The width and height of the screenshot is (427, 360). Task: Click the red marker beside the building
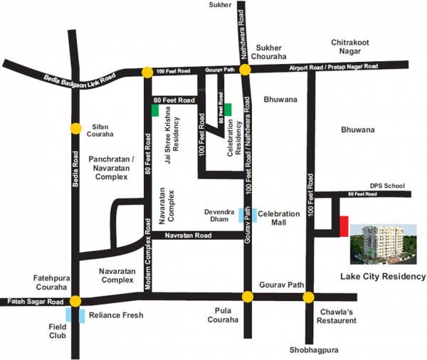point(344,226)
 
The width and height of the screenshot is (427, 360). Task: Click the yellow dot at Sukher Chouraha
point(244,70)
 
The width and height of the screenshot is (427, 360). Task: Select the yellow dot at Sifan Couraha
point(75,128)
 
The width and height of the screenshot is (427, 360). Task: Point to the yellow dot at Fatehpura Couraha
point(75,301)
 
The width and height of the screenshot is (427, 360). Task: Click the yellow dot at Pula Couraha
point(248,297)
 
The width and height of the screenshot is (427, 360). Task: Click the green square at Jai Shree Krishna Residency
point(155,110)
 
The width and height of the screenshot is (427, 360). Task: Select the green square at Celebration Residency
point(228,109)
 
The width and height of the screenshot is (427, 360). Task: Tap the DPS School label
point(386,186)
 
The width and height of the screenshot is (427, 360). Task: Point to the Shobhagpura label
point(317,349)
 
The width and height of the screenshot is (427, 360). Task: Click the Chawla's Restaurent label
point(337,315)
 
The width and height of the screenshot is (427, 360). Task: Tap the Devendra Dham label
point(218,216)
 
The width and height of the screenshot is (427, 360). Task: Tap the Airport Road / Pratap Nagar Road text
point(332,66)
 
